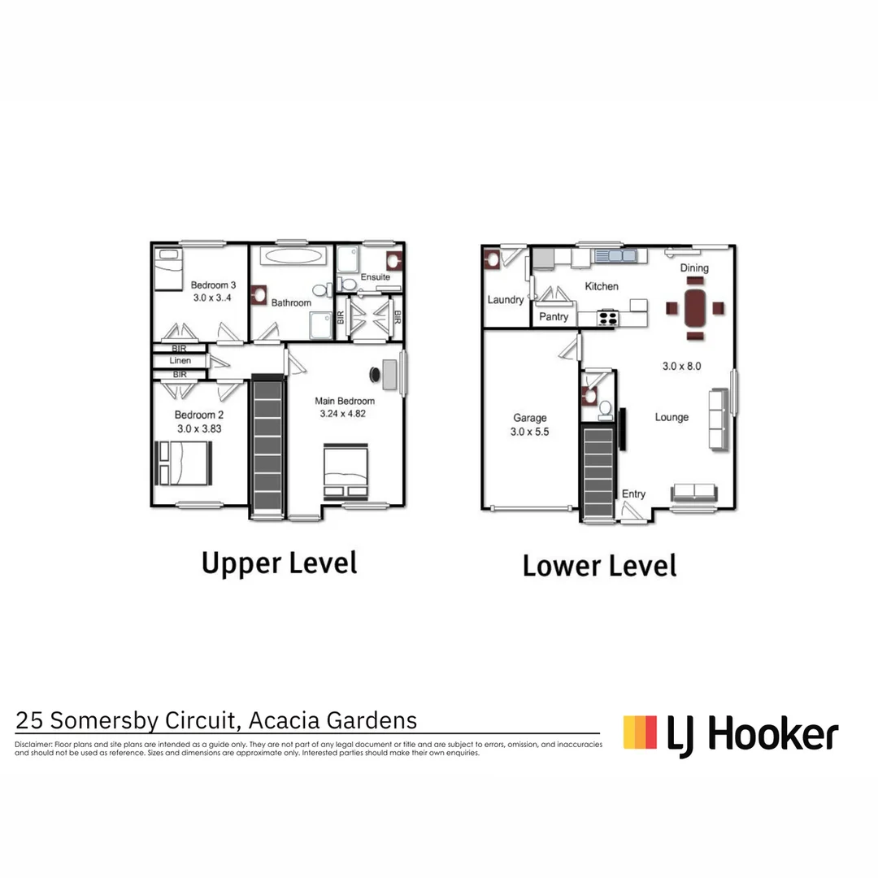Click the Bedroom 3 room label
(213, 285)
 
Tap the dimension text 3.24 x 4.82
(345, 414)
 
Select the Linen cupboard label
(180, 360)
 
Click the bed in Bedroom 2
(184, 463)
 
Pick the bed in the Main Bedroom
(346, 470)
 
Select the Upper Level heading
(279, 563)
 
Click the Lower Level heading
(599, 565)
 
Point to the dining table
(695, 307)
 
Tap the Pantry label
(554, 316)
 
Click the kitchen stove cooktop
(607, 318)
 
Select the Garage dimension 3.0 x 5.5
(530, 432)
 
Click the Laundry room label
(506, 299)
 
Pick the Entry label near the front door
(633, 493)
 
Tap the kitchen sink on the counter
(615, 255)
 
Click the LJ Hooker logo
(730, 734)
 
